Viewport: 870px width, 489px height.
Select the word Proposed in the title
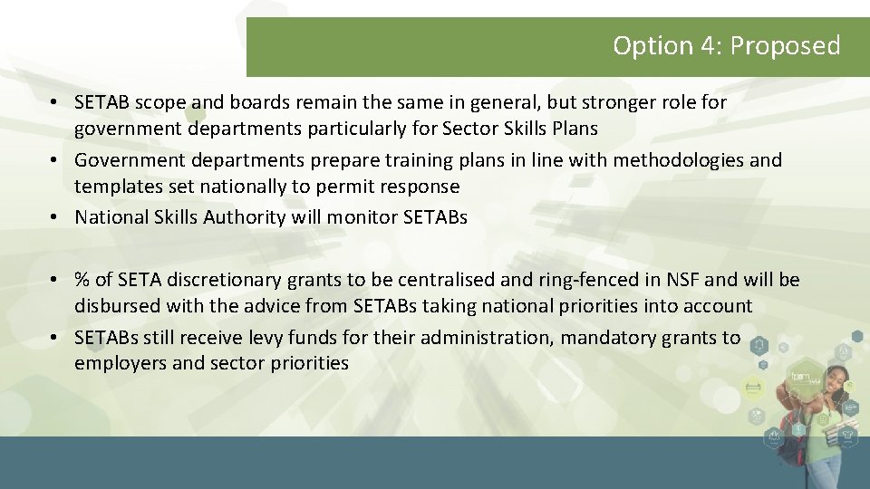coord(785,45)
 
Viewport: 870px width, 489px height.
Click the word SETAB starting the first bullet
coord(101,102)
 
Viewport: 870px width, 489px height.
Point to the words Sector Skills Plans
coord(520,129)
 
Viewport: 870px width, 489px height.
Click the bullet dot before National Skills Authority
coord(55,217)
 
